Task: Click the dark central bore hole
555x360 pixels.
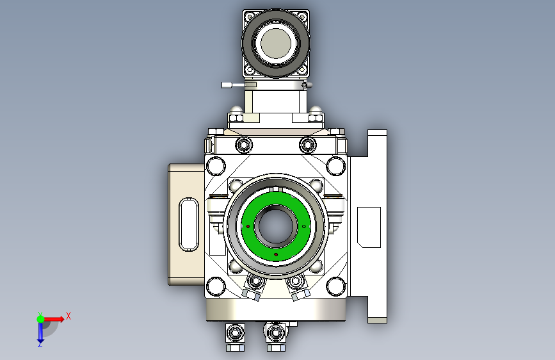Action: pyautogui.click(x=276, y=227)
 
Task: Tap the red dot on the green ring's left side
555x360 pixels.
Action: pyautogui.click(x=248, y=226)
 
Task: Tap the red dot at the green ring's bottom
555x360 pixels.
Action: pyautogui.click(x=276, y=254)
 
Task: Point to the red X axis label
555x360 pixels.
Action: pyautogui.click(x=68, y=316)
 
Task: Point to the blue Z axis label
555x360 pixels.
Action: pyautogui.click(x=40, y=344)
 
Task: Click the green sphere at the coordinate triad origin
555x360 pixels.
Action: pyautogui.click(x=41, y=319)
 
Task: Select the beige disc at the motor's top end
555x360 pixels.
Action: pyautogui.click(x=276, y=43)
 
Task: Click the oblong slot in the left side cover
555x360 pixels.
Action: pyautogui.click(x=189, y=224)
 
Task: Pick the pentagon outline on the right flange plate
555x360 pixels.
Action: pyautogui.click(x=369, y=227)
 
